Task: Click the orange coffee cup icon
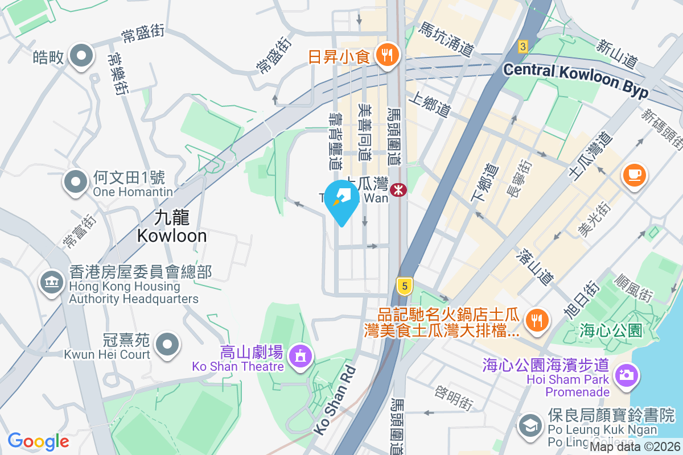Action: [635, 174]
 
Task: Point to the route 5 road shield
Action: [404, 286]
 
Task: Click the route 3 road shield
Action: [523, 46]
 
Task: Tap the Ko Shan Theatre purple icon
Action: [299, 356]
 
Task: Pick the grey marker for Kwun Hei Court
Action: [167, 344]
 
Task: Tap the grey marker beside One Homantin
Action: [76, 182]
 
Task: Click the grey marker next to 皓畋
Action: [81, 56]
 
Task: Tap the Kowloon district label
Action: [171, 226]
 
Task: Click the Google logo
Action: [38, 441]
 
